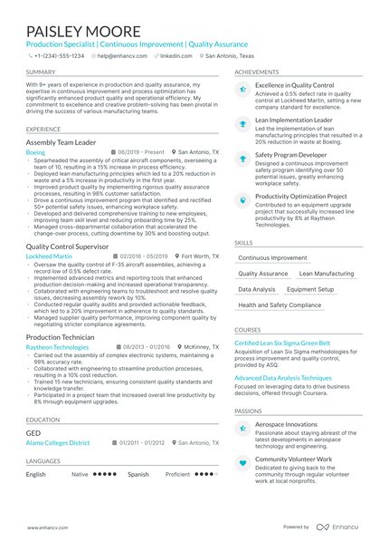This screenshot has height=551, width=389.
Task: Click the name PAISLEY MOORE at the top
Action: pos(83,32)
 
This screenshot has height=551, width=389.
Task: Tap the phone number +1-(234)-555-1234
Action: pos(59,55)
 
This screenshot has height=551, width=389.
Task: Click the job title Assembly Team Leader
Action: pos(62,142)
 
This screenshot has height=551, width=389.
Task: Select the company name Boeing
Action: pos(34,153)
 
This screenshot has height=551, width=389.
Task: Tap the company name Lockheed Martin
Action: pos(49,256)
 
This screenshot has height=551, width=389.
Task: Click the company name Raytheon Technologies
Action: pos(58,347)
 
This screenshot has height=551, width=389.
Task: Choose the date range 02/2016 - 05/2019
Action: pos(143,256)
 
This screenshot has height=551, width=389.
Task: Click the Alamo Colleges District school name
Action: pos(58,442)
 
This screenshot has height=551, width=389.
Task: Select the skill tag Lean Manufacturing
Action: pos(327,273)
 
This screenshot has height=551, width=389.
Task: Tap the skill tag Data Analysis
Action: pos(257,289)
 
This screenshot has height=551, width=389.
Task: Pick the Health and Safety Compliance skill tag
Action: pos(280,305)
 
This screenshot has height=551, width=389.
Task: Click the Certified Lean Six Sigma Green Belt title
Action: pos(282,343)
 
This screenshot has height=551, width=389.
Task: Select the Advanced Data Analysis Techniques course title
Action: pos(283,377)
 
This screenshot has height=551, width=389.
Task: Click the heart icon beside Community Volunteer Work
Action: pos(242,462)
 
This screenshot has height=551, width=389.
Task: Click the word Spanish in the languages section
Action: pos(138,474)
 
